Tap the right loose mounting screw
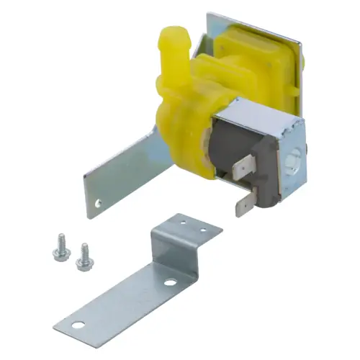click(x=84, y=253)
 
